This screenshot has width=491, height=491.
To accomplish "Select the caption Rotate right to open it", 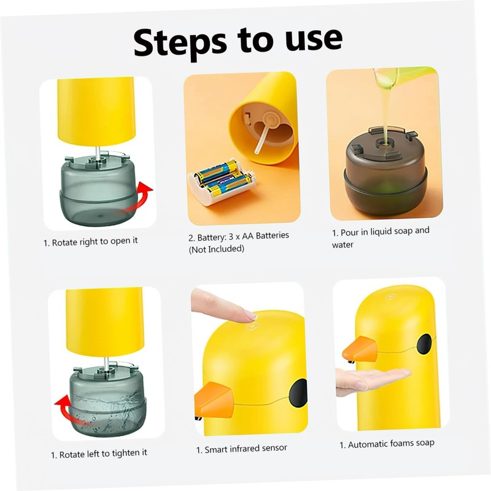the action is coord(91,242).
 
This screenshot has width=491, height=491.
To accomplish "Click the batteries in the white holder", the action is coord(222,179).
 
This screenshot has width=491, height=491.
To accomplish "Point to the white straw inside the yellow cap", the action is coord(263,137).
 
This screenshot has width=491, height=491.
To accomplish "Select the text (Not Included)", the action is coord(217,249).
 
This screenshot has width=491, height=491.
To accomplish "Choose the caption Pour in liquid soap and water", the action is coord(381,238).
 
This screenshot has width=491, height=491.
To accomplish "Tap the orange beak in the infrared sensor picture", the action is coord(213,400).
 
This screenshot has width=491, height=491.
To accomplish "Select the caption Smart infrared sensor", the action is coord(241,449).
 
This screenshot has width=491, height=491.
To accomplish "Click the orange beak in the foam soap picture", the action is coord(360,348).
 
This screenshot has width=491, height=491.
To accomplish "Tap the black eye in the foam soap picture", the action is coord(425,344).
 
